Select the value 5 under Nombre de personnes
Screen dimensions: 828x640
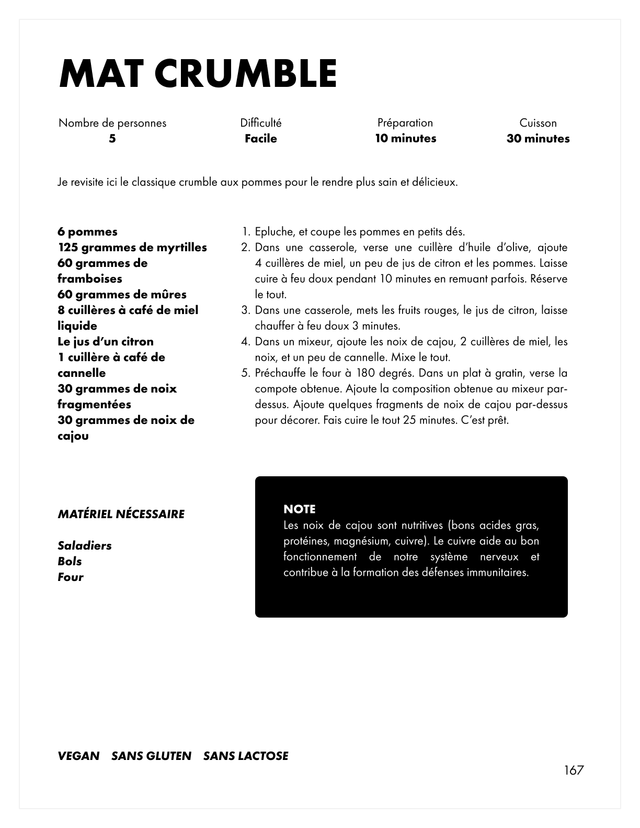coord(112,139)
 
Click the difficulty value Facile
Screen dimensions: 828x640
coord(261,139)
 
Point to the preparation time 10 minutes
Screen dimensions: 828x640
coord(406,139)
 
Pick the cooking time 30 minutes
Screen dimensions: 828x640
coord(538,139)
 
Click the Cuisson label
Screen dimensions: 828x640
coord(538,123)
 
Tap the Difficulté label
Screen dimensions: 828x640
coord(261,123)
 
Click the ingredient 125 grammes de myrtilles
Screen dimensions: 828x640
coord(132,248)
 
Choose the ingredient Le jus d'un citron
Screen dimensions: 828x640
coord(106,342)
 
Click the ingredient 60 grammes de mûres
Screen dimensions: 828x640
coord(122,295)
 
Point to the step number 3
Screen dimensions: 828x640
coord(245,310)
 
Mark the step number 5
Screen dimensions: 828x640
coord(245,373)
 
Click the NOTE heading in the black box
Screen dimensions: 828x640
coord(300,509)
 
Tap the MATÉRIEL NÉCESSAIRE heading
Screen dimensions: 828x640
coord(121,514)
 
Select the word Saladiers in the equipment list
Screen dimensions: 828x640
coord(85,546)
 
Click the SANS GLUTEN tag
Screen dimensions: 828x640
coord(152,756)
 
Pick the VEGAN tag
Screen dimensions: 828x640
coord(78,756)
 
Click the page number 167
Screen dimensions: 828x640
coord(574,770)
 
